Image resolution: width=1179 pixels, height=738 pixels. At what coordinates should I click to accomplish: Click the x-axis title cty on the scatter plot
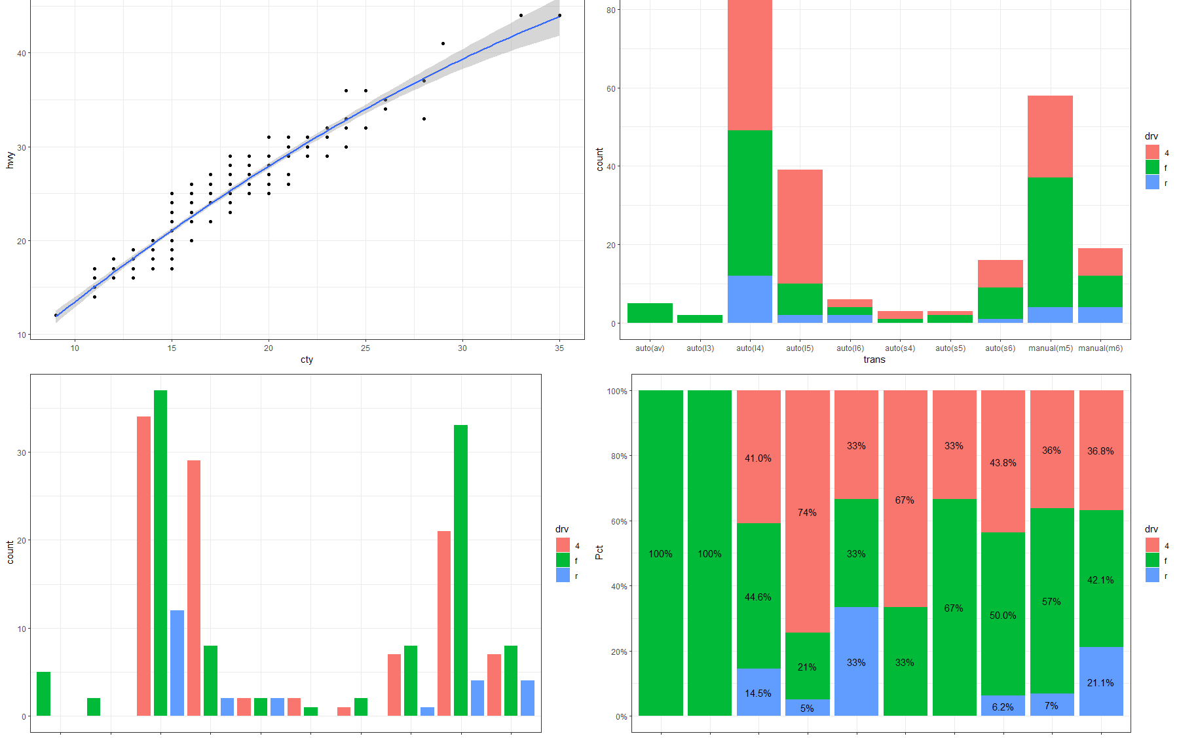tap(307, 360)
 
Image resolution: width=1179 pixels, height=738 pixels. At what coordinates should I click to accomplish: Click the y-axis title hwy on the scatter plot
tap(10, 160)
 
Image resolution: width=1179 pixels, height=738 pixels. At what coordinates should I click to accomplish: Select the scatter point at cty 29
tap(443, 43)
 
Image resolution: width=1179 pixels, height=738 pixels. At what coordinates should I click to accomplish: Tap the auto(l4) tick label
tap(750, 348)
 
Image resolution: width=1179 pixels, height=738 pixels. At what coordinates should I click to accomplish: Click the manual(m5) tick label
tap(1050, 348)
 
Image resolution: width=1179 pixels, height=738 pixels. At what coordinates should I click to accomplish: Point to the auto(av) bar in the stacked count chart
tap(650, 313)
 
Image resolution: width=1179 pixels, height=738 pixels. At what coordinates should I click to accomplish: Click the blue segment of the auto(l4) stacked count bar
tap(750, 299)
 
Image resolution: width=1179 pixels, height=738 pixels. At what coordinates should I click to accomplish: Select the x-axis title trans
tap(874, 360)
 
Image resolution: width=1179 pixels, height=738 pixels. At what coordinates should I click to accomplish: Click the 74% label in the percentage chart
tap(807, 513)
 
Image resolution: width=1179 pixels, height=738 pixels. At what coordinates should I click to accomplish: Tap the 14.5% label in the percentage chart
tap(758, 693)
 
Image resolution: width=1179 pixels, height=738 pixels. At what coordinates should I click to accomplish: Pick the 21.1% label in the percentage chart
tap(1100, 683)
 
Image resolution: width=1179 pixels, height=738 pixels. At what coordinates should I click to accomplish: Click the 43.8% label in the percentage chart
tap(1003, 463)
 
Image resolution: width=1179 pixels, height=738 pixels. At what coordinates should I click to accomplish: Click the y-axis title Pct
tap(599, 553)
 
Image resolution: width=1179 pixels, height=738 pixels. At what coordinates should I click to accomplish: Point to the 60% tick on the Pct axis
tap(618, 522)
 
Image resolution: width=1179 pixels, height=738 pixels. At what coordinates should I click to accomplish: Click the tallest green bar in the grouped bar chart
tap(160, 553)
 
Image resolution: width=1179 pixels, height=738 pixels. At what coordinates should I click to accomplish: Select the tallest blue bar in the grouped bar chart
tap(177, 663)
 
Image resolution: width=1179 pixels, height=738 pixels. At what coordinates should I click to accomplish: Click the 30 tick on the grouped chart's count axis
tap(22, 452)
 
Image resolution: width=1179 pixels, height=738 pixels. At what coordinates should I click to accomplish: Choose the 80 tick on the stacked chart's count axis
tap(610, 10)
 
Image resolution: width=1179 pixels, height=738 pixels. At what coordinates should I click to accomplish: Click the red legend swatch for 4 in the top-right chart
tap(1152, 152)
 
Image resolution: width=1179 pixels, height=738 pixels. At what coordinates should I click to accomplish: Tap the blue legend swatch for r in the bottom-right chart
tap(1152, 576)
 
